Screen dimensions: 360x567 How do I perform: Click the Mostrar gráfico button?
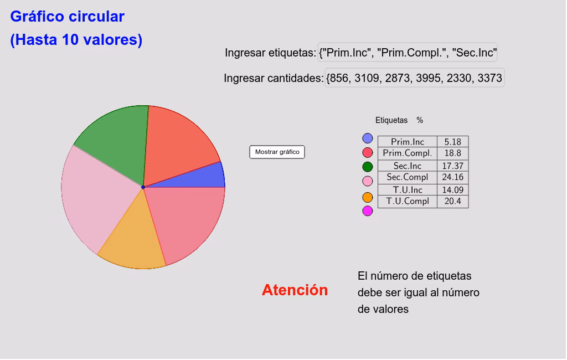click(x=277, y=152)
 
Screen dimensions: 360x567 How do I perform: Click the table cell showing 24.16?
click(x=452, y=177)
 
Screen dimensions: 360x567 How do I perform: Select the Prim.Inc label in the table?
click(x=407, y=142)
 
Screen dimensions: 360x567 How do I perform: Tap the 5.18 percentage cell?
click(x=452, y=142)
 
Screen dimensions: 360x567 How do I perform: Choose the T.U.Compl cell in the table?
click(x=407, y=202)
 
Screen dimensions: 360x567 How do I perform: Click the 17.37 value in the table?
click(x=452, y=166)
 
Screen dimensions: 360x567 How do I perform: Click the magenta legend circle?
click(x=367, y=211)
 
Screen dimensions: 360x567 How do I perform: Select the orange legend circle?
click(x=367, y=197)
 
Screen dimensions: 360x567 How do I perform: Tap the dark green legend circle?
click(x=367, y=166)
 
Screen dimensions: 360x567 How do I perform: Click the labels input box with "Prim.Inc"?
click(x=408, y=53)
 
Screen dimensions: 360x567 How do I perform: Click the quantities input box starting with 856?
click(x=414, y=78)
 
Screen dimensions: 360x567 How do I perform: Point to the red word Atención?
click(x=295, y=290)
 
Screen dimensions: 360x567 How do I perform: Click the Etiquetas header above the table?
click(x=391, y=120)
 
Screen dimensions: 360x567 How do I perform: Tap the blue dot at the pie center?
click(x=143, y=187)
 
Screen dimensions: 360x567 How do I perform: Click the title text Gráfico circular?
click(x=67, y=17)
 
